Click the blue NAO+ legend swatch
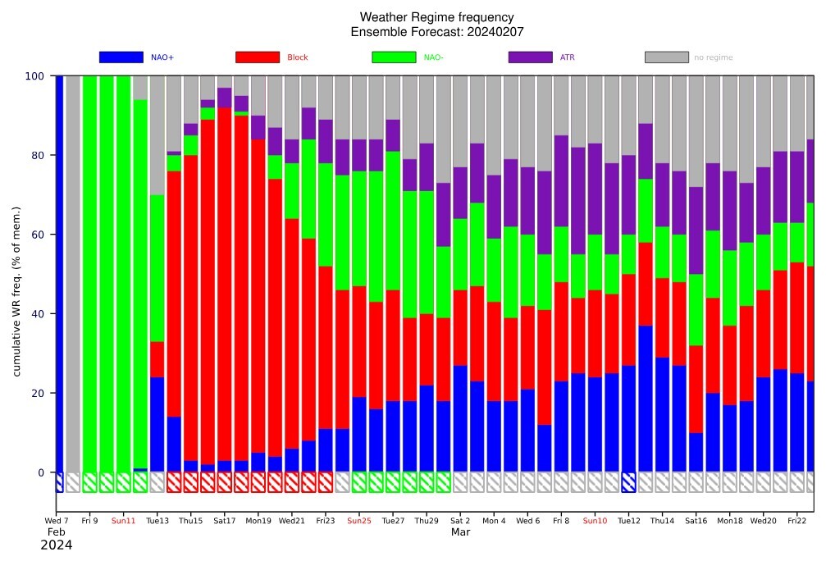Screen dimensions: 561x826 coord(121,57)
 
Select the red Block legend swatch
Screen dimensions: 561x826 coord(257,57)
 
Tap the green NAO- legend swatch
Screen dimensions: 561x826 coord(394,57)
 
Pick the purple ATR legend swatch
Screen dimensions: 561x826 coord(530,57)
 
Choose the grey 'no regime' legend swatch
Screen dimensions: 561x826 coord(666,57)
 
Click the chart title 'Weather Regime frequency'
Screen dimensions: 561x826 coord(437,17)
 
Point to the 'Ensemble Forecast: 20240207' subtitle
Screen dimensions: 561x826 coord(437,32)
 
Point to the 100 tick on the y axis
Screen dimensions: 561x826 coord(34,76)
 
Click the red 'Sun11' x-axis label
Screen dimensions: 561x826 coord(124,521)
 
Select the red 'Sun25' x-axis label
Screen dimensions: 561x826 coord(359,521)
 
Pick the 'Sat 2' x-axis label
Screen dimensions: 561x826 coord(460,521)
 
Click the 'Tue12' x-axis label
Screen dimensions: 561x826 coord(628,521)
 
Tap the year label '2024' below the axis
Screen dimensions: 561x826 coord(57,545)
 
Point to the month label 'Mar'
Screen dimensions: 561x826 coord(460,532)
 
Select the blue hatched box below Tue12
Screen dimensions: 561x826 coord(628,482)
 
